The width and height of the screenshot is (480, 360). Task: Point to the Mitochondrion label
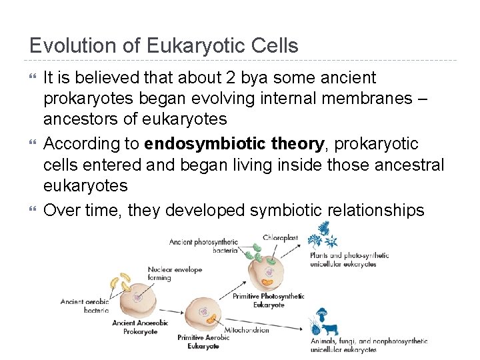click(247, 330)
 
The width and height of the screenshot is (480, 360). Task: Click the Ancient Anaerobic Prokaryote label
click(134, 327)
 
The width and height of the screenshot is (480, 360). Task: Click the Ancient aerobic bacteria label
click(84, 305)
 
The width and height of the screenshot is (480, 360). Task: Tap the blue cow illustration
click(329, 328)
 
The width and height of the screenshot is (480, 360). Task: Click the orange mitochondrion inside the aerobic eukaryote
click(209, 319)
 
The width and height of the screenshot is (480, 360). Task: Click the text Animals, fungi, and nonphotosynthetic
click(369, 341)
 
